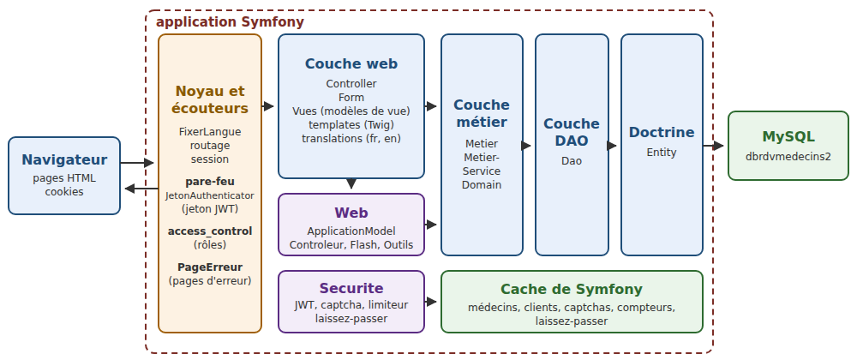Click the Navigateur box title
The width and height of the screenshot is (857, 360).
[64, 160]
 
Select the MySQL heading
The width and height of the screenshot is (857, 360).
[788, 136]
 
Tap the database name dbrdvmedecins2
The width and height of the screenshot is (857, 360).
[788, 156]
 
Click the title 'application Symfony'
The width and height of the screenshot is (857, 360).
[230, 22]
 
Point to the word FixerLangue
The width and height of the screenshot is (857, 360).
[210, 132]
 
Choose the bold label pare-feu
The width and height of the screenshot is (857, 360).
[210, 182]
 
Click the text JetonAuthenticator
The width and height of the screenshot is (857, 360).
[210, 195]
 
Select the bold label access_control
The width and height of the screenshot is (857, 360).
[210, 231]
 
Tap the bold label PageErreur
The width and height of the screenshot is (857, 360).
[210, 267]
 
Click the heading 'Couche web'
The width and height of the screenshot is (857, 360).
[351, 64]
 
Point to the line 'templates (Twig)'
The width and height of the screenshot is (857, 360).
[351, 124]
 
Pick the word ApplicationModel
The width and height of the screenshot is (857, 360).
[351, 231]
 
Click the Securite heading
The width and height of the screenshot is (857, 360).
[351, 289]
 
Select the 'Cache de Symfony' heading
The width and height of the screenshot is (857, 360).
[572, 290]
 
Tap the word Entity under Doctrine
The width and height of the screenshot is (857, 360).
[662, 153]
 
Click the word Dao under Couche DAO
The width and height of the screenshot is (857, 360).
[572, 161]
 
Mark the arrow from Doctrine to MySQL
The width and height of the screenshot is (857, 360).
[713, 146]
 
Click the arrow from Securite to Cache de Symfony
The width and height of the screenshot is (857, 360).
[431, 302]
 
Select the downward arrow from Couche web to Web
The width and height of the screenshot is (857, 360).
[351, 184]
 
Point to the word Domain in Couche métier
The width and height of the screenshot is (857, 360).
[482, 184]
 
